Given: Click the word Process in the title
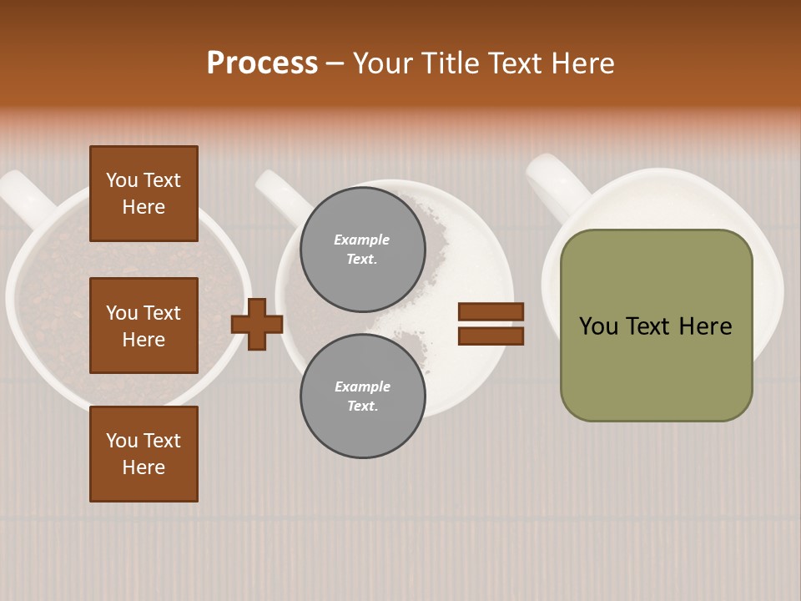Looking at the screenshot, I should [262, 63].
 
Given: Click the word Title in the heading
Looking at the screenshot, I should [449, 63].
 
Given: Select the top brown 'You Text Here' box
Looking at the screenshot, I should [144, 194].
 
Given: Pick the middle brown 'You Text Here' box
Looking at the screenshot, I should [144, 326].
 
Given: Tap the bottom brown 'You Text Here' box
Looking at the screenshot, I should [144, 453].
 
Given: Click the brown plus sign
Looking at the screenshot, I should [257, 324].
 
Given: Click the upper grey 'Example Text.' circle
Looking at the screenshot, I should [362, 249].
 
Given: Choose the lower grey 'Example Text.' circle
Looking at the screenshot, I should [362, 396].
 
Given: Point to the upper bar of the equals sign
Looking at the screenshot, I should [491, 311].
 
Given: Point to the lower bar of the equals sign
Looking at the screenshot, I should [491, 336].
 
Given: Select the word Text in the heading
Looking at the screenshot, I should [512, 63].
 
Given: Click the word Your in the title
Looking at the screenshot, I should [382, 63].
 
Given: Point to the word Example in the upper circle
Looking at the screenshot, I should [362, 240].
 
